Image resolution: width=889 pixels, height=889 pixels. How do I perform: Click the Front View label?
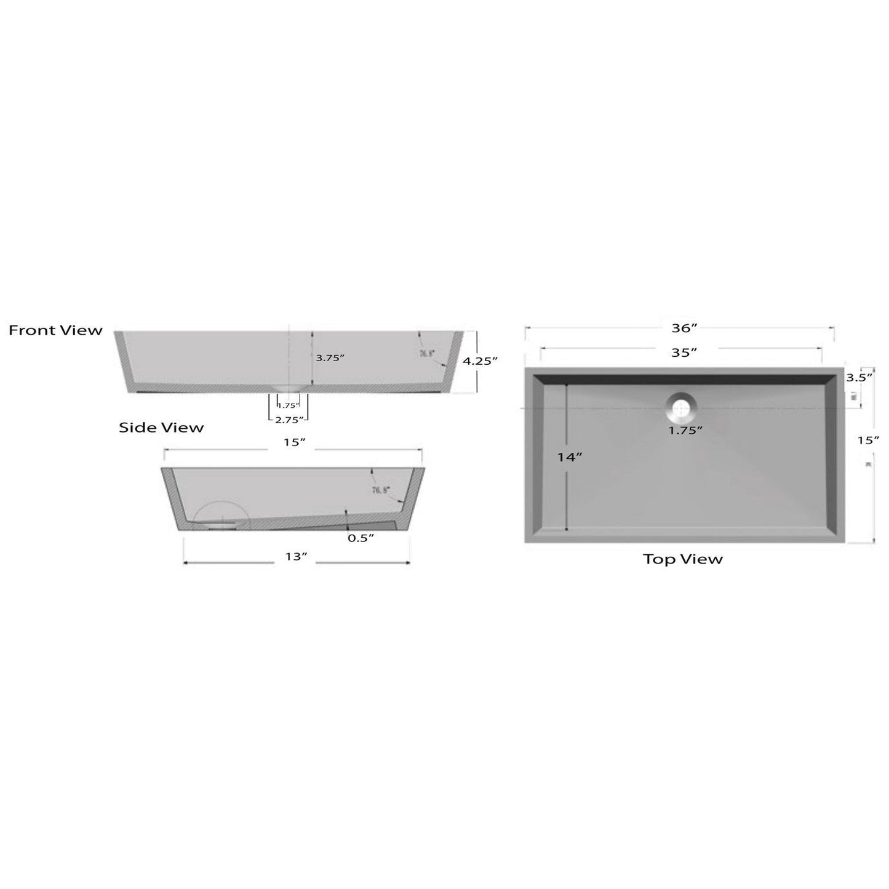pos(55,330)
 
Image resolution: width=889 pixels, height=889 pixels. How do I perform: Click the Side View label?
pos(161,428)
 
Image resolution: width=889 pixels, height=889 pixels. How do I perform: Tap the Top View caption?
pos(683,559)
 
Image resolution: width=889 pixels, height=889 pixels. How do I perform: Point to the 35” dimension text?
pos(684,353)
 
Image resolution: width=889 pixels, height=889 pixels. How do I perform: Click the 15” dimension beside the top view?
pos(869,441)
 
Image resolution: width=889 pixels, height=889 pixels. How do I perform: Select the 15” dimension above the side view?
pos(294,443)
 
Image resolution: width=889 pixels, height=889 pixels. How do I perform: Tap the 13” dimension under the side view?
pos(296,557)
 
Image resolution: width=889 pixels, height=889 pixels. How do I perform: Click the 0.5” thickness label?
pos(361,538)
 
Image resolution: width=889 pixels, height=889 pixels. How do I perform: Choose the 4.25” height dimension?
pos(480,361)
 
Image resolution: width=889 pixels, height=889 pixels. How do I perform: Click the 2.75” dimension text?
pos(289,420)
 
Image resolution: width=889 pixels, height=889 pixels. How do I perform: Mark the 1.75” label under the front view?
pos(288,405)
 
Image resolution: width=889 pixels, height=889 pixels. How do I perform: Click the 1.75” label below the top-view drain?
pos(685,431)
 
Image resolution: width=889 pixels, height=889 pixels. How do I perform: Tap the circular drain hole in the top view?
pos(681,407)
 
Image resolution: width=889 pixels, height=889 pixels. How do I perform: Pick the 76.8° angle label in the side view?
pos(381,490)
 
